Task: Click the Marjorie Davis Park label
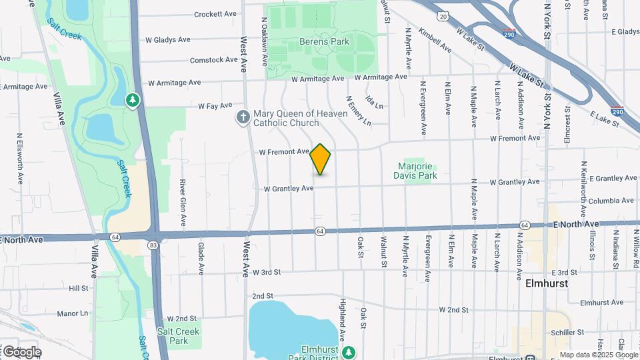pyautogui.click(x=417, y=171)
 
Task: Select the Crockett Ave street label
pyautogui.click(x=215, y=14)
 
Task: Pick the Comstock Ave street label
pyautogui.click(x=213, y=60)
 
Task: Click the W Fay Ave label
pyautogui.click(x=215, y=105)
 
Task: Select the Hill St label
pyautogui.click(x=78, y=288)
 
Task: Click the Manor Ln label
pyautogui.click(x=72, y=313)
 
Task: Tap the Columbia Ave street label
pyautogui.click(x=609, y=200)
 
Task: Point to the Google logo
pyautogui.click(x=21, y=351)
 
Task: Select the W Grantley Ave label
pyautogui.click(x=288, y=189)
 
